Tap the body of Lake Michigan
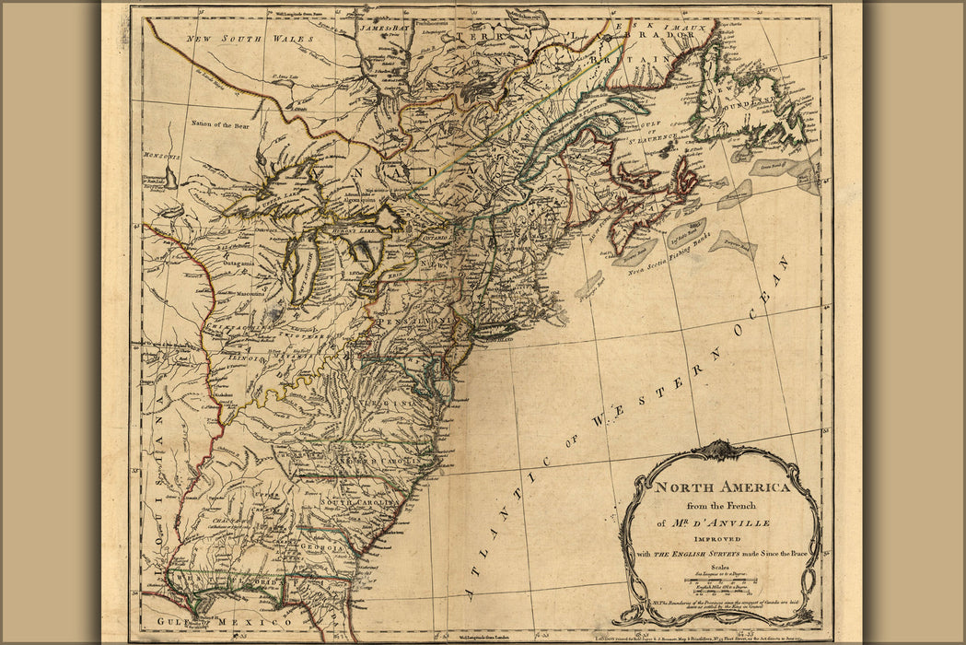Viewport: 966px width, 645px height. click(x=301, y=267)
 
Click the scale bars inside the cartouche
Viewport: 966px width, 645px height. click(x=721, y=582)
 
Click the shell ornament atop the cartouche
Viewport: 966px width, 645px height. click(x=721, y=450)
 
